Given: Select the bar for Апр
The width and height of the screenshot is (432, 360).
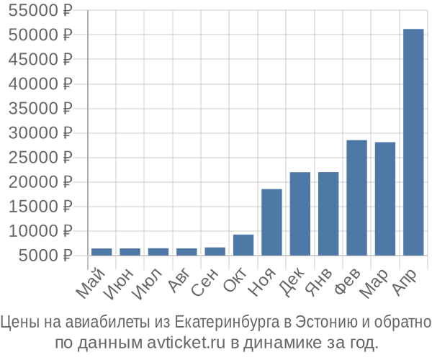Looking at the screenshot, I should tap(413, 143).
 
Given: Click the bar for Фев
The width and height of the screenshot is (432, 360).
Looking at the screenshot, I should tap(356, 197).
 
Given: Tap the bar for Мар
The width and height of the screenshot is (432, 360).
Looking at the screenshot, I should tap(385, 199).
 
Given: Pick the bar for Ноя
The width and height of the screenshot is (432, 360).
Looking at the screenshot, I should tap(271, 222).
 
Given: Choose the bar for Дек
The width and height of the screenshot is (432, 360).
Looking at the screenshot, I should tap(300, 214).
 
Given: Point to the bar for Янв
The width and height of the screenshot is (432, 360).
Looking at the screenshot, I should tap(328, 214).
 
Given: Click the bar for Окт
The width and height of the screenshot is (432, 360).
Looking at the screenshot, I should tap(243, 245).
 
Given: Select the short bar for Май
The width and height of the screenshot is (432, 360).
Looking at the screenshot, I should tap(102, 252).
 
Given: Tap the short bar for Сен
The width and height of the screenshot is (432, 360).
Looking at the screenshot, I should tap(215, 251).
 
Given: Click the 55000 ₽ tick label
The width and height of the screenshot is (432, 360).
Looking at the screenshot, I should tap(42, 11).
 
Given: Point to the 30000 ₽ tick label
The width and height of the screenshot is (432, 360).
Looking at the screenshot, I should tap(42, 133).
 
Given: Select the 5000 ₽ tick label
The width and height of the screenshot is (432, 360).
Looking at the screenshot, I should tap(46, 256).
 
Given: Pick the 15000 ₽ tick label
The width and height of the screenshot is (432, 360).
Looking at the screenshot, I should tap(42, 207).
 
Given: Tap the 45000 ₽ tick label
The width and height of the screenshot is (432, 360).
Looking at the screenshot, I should tap(42, 60).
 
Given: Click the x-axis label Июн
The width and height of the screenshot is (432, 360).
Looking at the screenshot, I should tap(120, 283).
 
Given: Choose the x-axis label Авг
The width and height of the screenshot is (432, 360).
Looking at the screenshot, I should tap(179, 282).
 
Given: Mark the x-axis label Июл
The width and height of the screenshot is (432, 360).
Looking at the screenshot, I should tap(148, 283).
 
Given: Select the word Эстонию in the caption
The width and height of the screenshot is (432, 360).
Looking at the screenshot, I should tap(325, 322).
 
